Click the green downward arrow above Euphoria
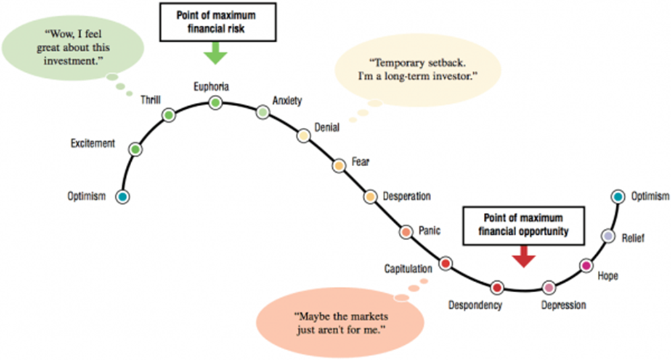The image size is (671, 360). (x=215, y=54)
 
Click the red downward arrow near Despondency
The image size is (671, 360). (x=523, y=256)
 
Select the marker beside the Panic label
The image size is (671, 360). (x=406, y=232)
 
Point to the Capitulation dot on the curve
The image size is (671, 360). (x=445, y=264)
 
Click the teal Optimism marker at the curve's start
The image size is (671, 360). (x=122, y=196)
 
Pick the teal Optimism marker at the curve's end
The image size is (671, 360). (x=618, y=196)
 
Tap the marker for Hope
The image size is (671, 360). (x=586, y=266)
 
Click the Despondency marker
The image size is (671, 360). (x=497, y=287)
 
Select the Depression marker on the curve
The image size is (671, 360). (x=548, y=287)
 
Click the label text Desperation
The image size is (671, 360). (x=407, y=196)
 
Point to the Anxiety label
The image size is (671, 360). (x=287, y=101)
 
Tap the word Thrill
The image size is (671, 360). (x=151, y=100)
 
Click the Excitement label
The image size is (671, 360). (x=93, y=143)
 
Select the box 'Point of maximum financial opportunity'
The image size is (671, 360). (x=524, y=225)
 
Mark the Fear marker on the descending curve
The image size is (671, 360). (x=339, y=165)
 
